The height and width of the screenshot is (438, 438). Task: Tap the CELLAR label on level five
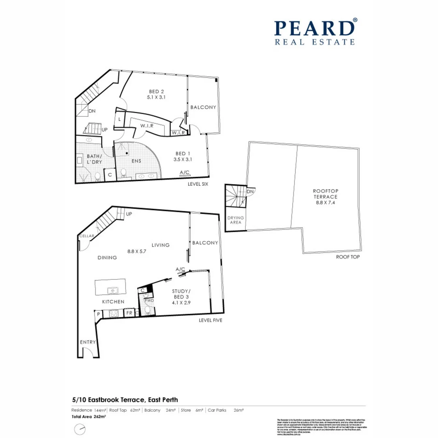coord(87,236)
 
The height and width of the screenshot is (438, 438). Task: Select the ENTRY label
coord(88,342)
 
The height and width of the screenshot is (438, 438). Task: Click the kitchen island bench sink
coord(112,290)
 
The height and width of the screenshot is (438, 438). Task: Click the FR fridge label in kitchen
coord(129,313)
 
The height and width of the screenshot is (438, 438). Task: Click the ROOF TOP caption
coord(347,257)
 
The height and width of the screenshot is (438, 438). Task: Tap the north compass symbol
coord(80,429)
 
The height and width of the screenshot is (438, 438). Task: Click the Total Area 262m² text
coord(88,417)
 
